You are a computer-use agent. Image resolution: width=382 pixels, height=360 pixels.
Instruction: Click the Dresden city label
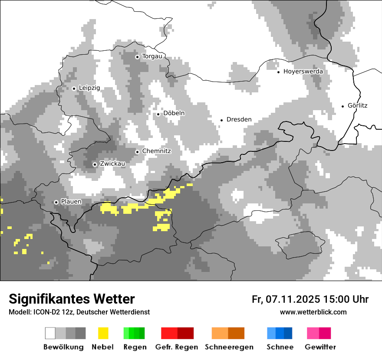(x=239, y=119)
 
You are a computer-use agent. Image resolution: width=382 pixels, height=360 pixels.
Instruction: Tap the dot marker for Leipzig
(x=74, y=88)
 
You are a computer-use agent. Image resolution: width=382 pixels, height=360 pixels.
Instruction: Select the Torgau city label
(x=152, y=56)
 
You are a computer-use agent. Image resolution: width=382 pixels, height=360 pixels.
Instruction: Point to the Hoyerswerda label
(x=303, y=72)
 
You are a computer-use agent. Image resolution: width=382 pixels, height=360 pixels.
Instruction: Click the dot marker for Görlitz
(x=343, y=106)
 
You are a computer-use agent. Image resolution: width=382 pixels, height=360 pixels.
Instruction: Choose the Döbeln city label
(x=174, y=113)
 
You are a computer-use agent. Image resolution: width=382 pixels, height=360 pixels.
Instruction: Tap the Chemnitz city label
(x=156, y=151)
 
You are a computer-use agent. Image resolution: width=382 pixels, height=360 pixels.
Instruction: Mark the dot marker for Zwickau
(x=95, y=164)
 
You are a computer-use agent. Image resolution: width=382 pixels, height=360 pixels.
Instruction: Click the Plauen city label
(x=71, y=202)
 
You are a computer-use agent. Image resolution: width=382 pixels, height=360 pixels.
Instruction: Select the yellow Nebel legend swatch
(x=103, y=333)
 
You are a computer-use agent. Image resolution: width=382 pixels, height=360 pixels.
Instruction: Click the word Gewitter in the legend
(x=320, y=347)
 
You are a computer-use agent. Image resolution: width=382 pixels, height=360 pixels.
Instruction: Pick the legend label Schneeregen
(x=229, y=347)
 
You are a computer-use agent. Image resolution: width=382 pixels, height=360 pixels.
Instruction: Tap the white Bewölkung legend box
(x=50, y=333)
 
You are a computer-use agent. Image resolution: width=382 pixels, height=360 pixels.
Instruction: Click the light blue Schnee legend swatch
(x=271, y=333)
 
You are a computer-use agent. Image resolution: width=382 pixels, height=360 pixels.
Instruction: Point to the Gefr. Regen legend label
(x=176, y=347)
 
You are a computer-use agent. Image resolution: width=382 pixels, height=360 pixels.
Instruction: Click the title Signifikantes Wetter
(x=72, y=299)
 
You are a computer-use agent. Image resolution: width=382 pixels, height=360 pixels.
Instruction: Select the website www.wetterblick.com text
(x=313, y=312)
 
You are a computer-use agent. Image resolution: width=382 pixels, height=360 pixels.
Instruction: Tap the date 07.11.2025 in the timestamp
(x=293, y=299)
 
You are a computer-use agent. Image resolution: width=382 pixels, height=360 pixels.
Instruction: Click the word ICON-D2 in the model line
(x=45, y=312)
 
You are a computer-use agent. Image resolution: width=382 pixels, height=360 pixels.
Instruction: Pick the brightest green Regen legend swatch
(x=126, y=333)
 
